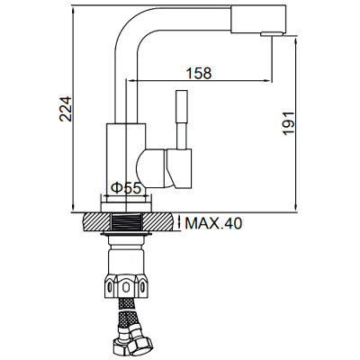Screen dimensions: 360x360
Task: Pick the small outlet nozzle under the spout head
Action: [x=267, y=35]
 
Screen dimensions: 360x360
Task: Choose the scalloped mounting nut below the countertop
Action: [x=126, y=286]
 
